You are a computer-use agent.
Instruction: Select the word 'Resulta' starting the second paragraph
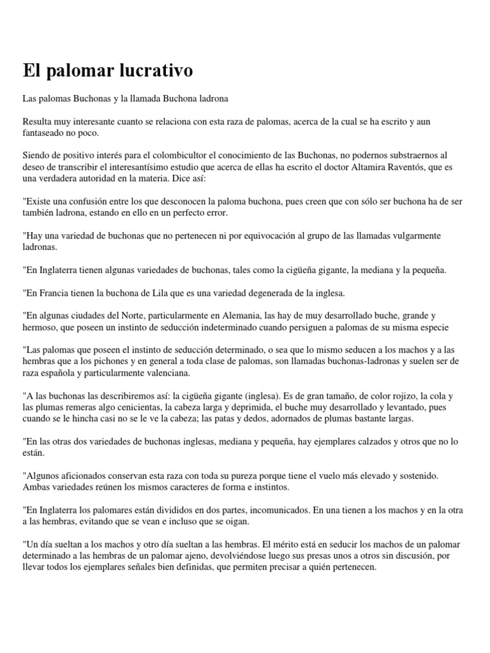38,121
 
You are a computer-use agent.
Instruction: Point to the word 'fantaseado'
46,132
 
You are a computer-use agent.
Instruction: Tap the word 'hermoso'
40,327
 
